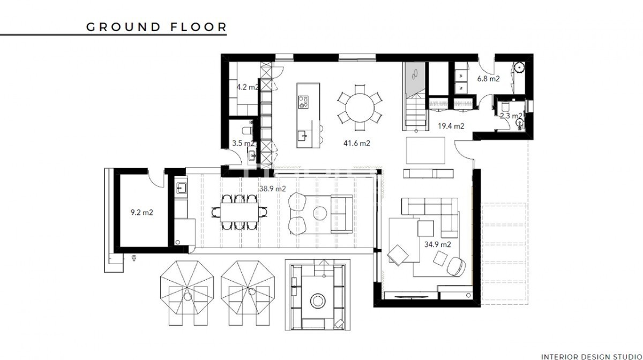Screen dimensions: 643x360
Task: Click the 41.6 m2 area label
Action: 356,143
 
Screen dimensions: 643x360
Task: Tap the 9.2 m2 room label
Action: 141,213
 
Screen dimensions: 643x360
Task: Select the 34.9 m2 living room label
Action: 437,244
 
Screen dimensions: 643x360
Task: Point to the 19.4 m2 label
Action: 451,126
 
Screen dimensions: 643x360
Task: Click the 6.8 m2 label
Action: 488,78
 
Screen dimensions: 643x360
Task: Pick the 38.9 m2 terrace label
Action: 272,189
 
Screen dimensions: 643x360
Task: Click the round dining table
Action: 360,108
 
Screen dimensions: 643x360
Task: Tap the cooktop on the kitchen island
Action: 303,102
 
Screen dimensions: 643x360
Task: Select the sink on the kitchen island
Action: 302,136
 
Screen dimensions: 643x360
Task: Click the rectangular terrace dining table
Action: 240,213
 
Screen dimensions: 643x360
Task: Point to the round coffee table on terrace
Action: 320,213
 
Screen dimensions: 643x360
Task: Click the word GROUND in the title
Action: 123,27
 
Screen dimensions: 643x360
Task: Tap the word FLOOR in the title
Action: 199,27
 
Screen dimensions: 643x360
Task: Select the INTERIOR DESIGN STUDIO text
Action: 592,357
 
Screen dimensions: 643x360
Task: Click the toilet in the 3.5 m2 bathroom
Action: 248,131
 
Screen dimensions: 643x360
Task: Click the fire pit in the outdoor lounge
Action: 318,301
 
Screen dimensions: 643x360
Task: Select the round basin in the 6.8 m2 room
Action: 519,67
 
